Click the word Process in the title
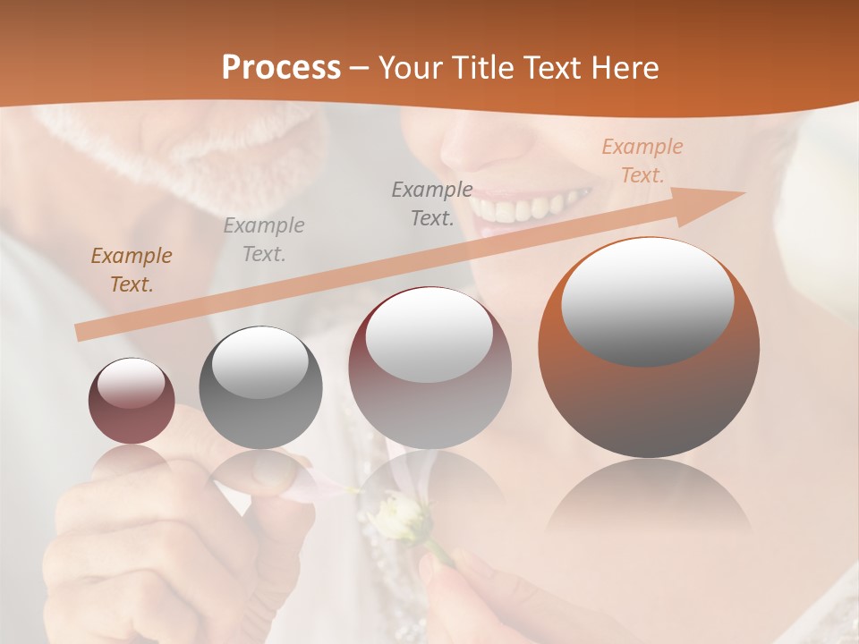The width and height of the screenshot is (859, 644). point(281,68)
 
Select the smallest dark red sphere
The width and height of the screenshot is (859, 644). point(132,402)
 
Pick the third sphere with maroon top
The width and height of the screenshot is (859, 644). point(429,369)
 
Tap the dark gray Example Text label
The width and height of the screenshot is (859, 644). point(432,203)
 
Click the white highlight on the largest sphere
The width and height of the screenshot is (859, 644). point(647,301)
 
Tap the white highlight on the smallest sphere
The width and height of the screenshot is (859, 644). point(131,384)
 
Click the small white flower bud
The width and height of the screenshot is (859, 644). point(398,519)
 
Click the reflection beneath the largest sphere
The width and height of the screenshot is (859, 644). point(649,501)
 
